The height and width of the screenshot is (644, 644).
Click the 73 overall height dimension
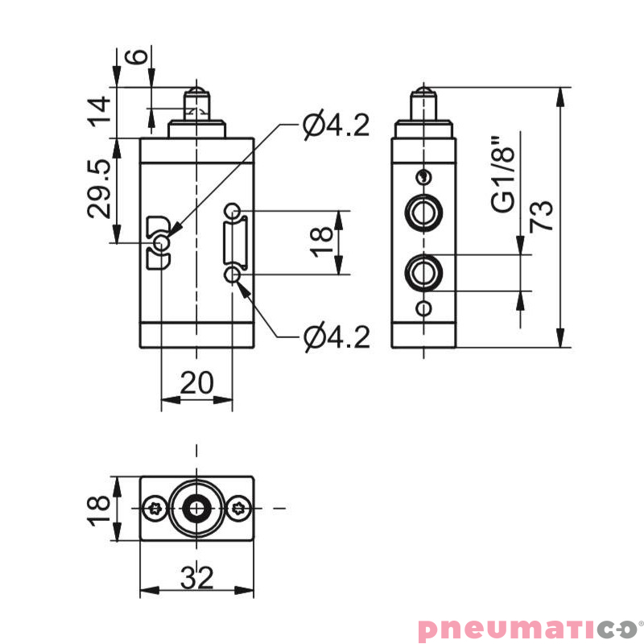(545, 216)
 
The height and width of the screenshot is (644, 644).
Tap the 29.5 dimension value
(100, 189)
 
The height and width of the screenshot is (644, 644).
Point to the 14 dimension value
(100, 111)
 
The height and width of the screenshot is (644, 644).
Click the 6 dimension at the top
(138, 57)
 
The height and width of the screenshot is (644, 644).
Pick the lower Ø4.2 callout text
(336, 337)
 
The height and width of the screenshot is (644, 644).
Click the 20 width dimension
(196, 383)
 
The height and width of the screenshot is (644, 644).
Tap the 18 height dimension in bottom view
(99, 510)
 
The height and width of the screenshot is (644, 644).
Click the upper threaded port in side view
(423, 213)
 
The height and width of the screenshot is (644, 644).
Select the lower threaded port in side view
(423, 272)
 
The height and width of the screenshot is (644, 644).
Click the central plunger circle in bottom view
(196, 507)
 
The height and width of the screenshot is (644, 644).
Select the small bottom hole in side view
(423, 308)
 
